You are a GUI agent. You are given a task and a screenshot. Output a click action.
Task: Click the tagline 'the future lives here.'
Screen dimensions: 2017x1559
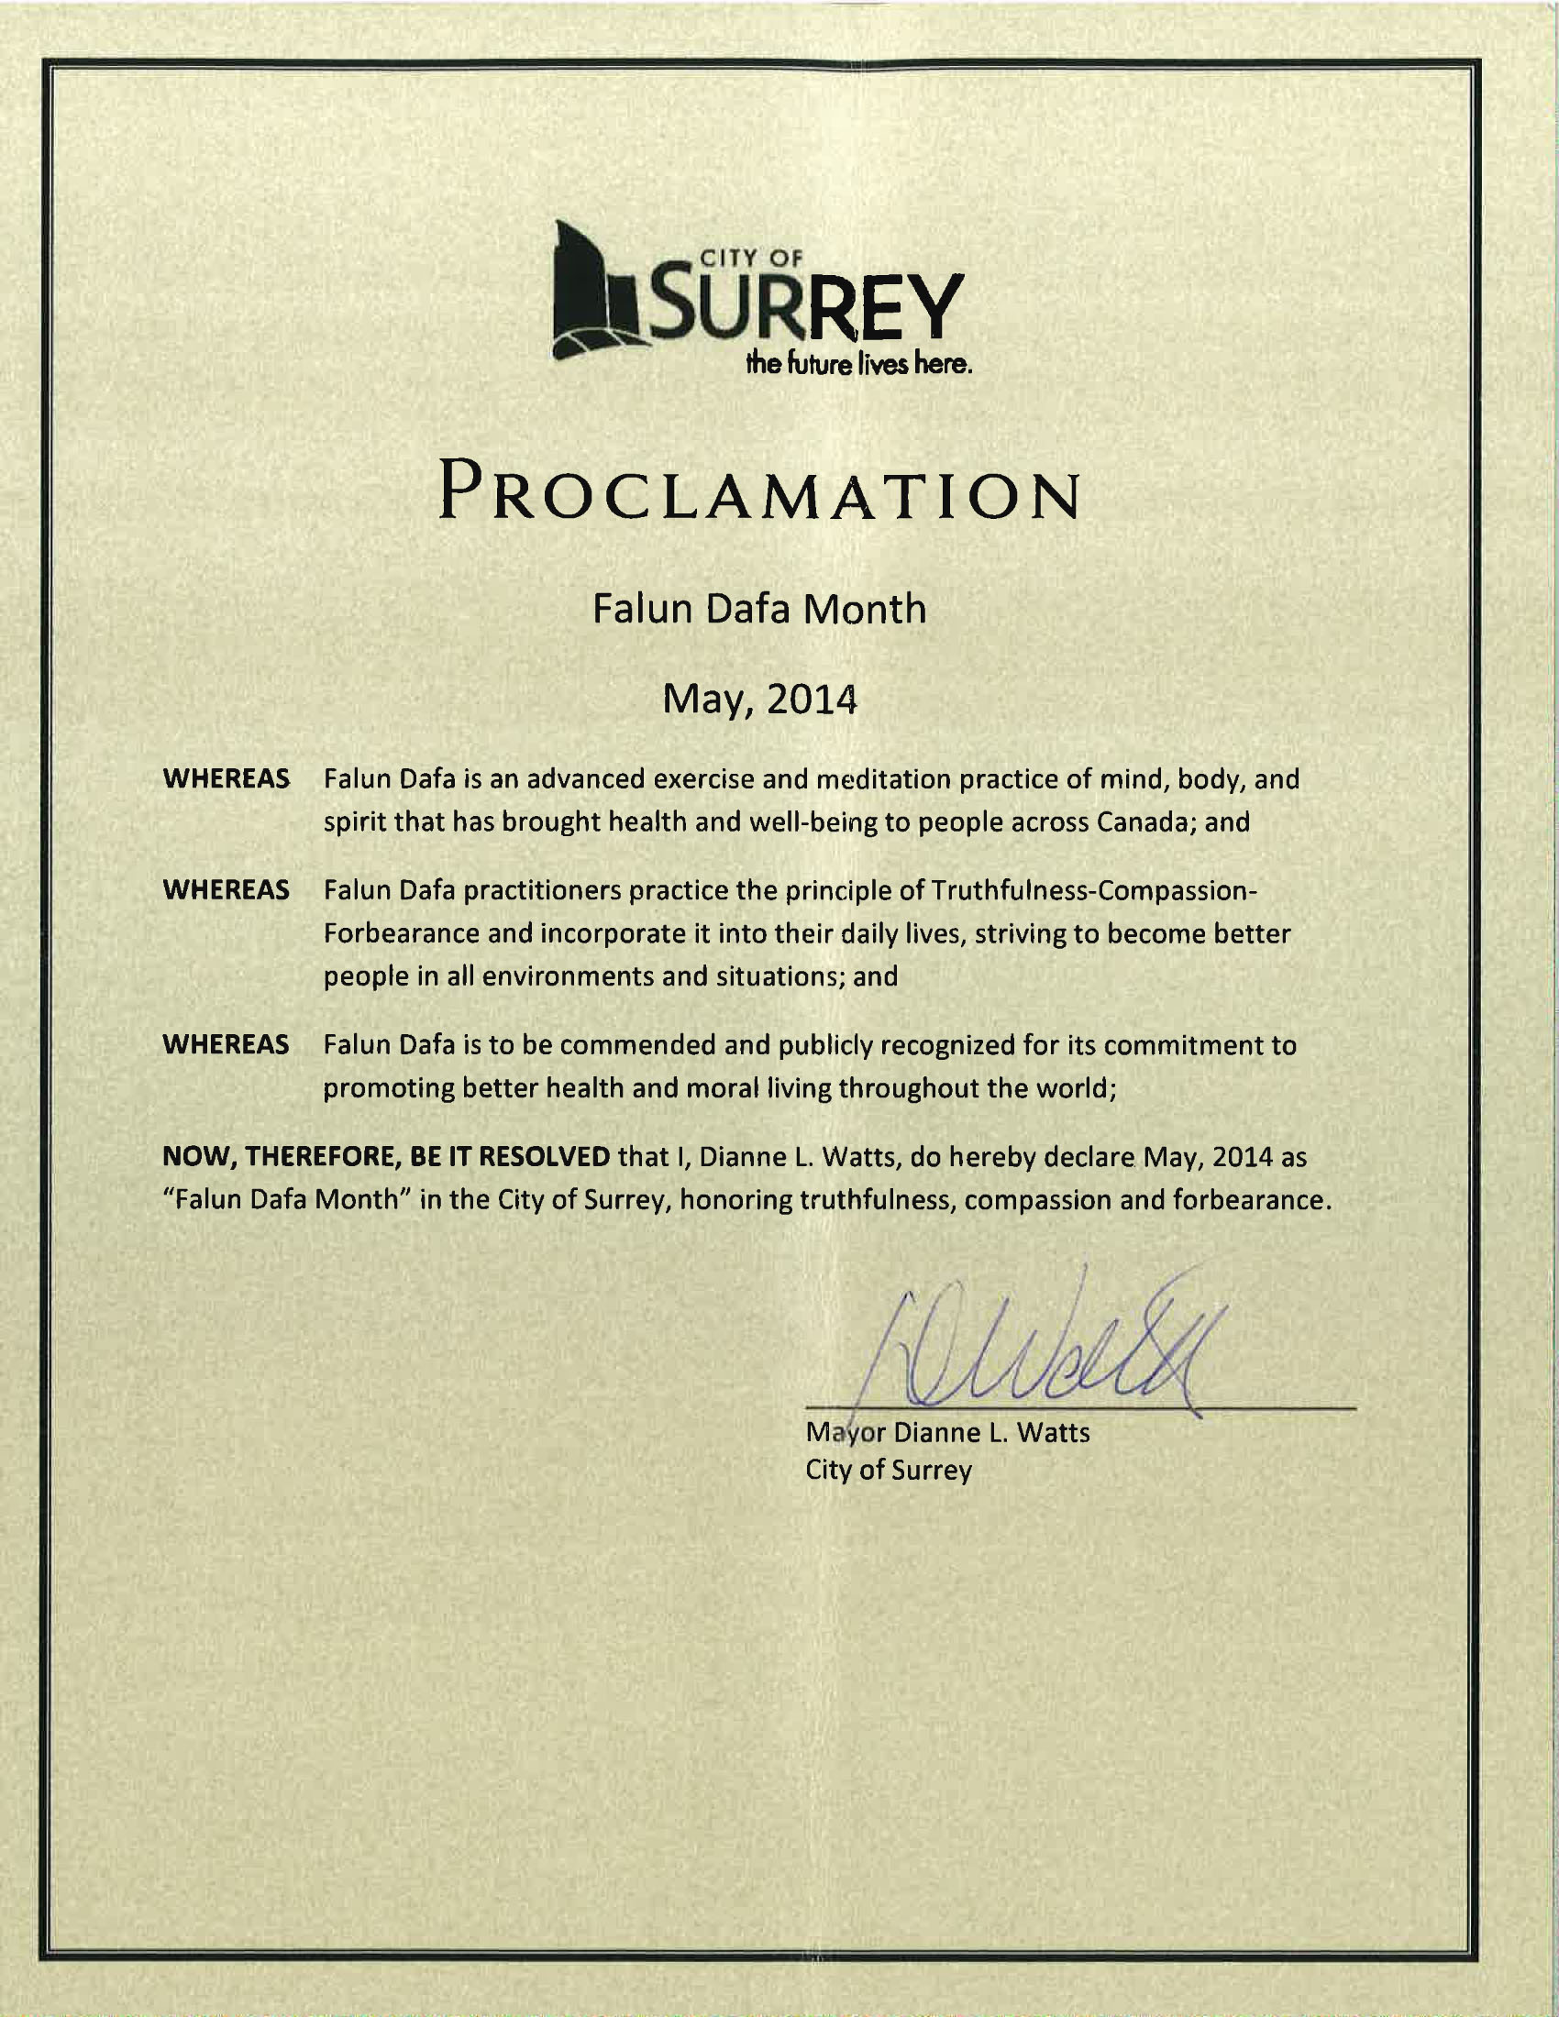point(860,365)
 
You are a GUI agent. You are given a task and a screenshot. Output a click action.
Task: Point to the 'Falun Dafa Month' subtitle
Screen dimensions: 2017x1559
point(758,610)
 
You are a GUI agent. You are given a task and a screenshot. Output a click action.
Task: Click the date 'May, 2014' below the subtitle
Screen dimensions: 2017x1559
point(759,700)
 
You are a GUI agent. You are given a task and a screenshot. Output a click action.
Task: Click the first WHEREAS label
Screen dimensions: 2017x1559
point(227,778)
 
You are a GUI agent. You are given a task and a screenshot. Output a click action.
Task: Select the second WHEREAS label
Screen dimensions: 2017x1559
point(227,890)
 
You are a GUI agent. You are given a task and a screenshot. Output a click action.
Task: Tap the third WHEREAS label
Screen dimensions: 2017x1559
point(227,1044)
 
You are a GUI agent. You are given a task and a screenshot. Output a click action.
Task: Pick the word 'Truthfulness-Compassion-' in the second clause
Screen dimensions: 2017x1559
point(1094,890)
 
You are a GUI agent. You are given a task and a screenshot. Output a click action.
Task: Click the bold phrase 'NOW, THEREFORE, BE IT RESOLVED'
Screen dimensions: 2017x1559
point(386,1156)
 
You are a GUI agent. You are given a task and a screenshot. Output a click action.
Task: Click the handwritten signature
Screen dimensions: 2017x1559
point(1044,1353)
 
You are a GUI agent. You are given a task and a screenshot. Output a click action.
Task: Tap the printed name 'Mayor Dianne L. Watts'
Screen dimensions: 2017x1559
point(946,1432)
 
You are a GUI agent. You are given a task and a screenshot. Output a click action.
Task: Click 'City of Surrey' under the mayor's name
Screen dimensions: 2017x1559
point(889,1470)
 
